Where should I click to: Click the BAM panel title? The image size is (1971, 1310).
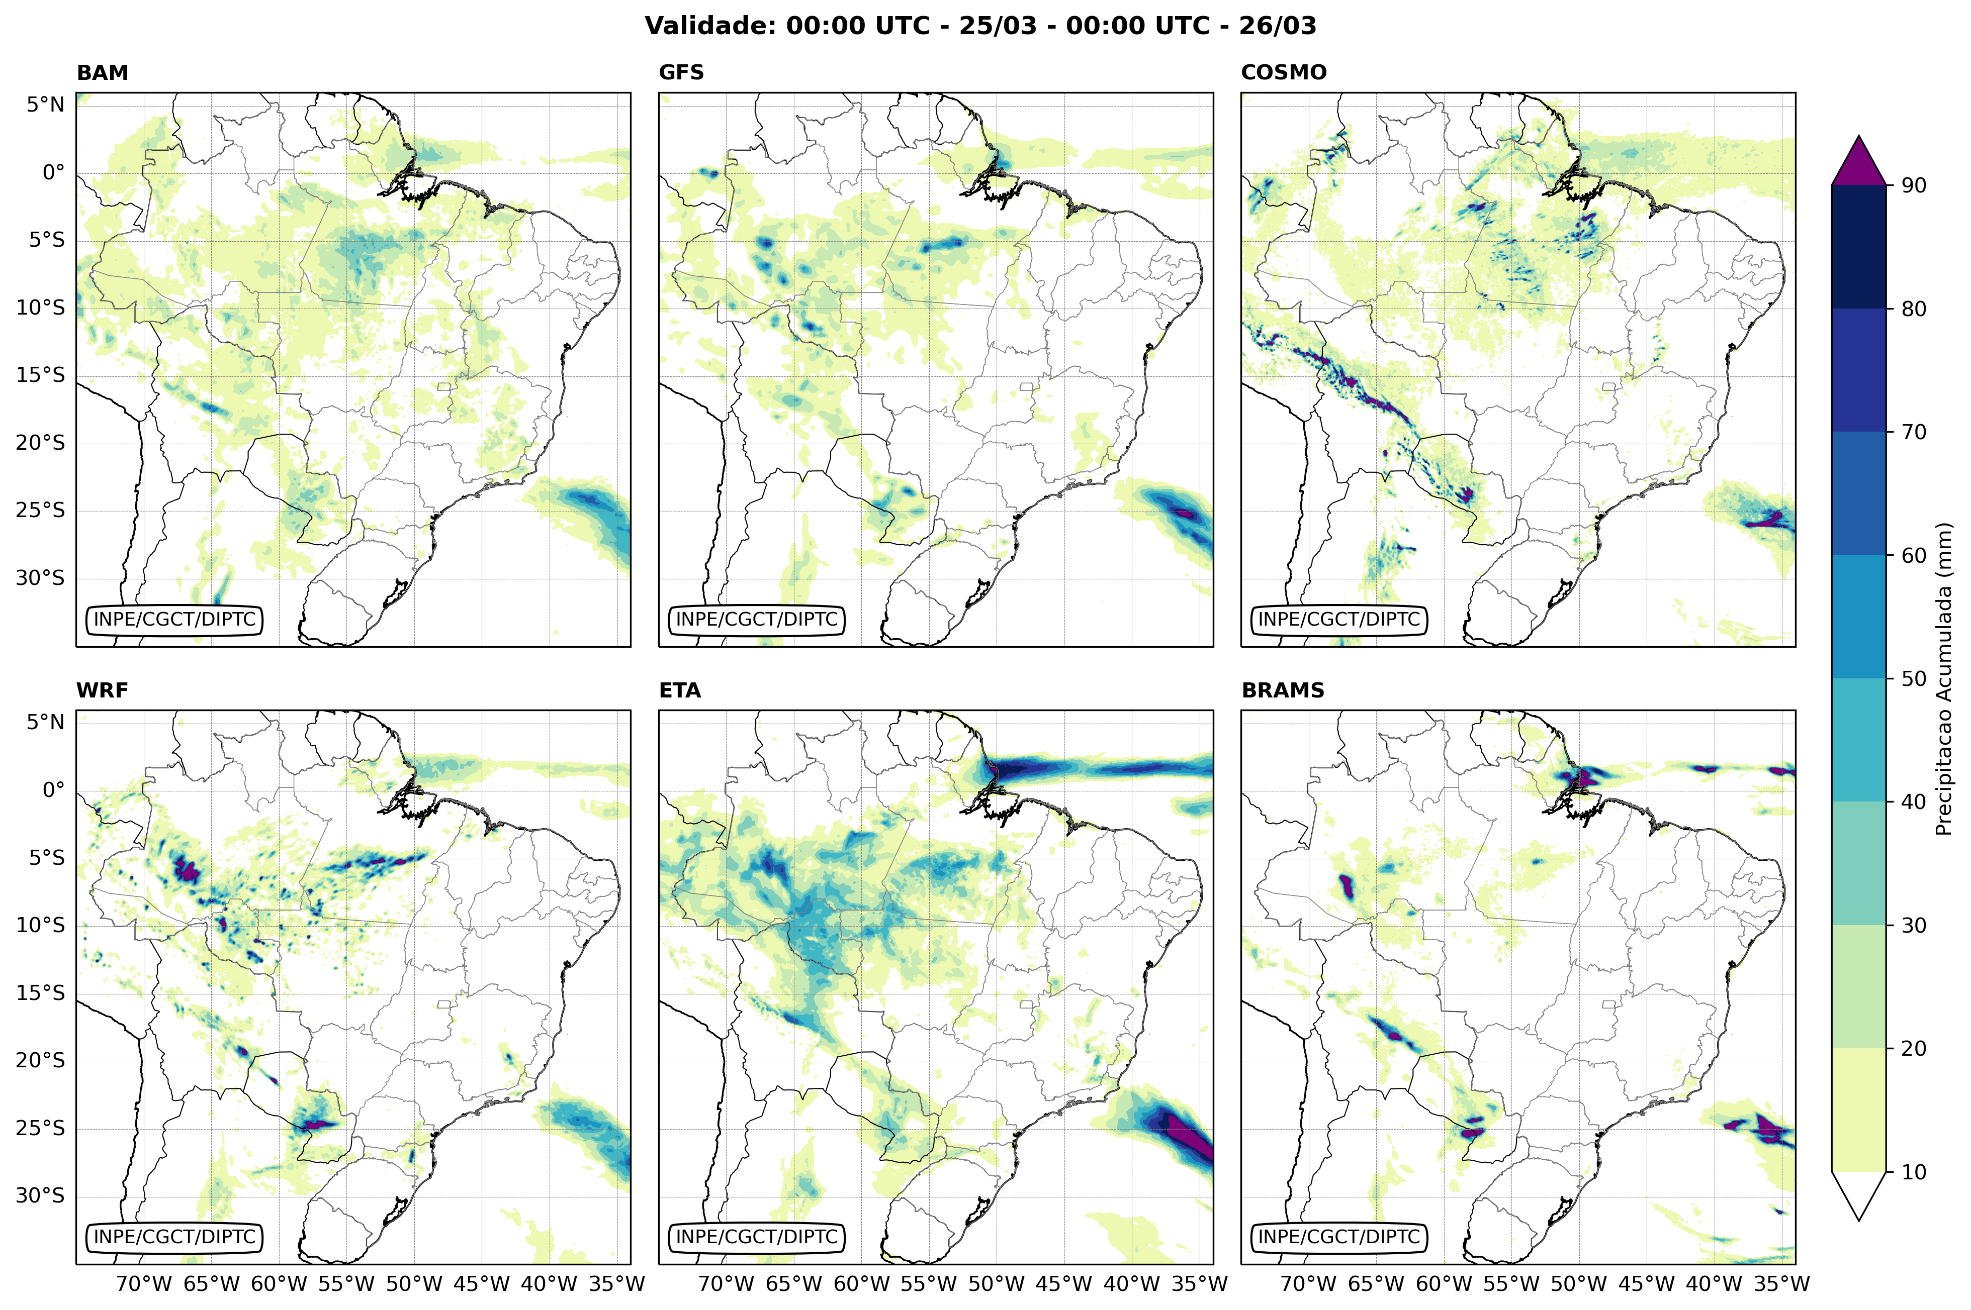pyautogui.click(x=102, y=73)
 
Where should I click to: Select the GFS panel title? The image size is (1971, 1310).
pyautogui.click(x=681, y=73)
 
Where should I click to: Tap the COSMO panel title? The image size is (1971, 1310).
pyautogui.click(x=1283, y=73)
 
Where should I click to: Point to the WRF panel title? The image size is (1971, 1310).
pyautogui.click(x=102, y=690)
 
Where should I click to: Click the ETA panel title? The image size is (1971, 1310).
pyautogui.click(x=680, y=690)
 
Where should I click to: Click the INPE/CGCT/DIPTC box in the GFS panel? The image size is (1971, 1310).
pyautogui.click(x=756, y=620)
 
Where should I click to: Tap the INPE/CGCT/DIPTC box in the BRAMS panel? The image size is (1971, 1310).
pyautogui.click(x=1338, y=1237)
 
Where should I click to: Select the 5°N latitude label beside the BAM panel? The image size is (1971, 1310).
pyautogui.click(x=45, y=105)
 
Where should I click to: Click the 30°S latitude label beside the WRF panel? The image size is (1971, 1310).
pyautogui.click(x=40, y=1195)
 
